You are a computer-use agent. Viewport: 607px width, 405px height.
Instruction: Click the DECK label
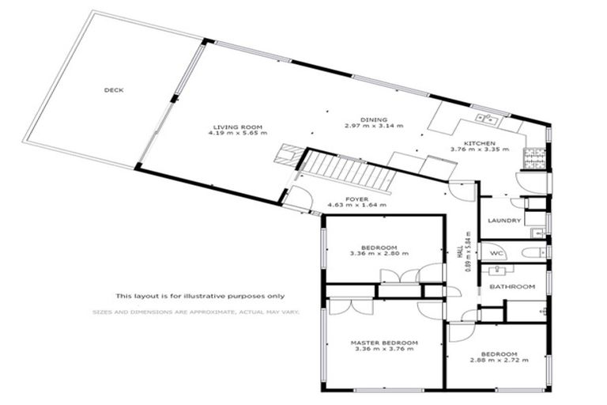pyautogui.click(x=114, y=90)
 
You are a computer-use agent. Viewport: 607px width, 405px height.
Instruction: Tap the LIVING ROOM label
pyautogui.click(x=236, y=127)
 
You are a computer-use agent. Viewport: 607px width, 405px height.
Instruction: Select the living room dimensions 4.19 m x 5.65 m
pyautogui.click(x=236, y=134)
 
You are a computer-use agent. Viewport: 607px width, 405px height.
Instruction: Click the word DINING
pyautogui.click(x=373, y=119)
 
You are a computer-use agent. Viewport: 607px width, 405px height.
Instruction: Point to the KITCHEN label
pyautogui.click(x=478, y=142)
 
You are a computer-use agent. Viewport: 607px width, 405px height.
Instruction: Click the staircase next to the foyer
pyautogui.click(x=348, y=171)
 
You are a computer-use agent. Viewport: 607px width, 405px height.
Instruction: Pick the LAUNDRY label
pyautogui.click(x=503, y=221)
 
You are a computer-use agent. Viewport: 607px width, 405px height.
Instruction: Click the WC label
pyautogui.click(x=497, y=253)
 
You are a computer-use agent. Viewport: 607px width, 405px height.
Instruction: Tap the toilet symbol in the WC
pyautogui.click(x=533, y=253)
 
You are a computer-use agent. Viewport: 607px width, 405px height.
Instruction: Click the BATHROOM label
pyautogui.click(x=512, y=286)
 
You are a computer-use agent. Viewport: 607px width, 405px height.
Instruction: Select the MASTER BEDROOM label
pyautogui.click(x=384, y=343)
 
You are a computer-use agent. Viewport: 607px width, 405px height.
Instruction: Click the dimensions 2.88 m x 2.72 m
pyautogui.click(x=500, y=360)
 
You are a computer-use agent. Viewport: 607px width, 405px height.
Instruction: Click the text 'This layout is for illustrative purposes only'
pyautogui.click(x=199, y=296)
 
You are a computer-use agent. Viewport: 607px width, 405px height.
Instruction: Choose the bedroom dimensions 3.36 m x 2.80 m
pyautogui.click(x=377, y=254)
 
